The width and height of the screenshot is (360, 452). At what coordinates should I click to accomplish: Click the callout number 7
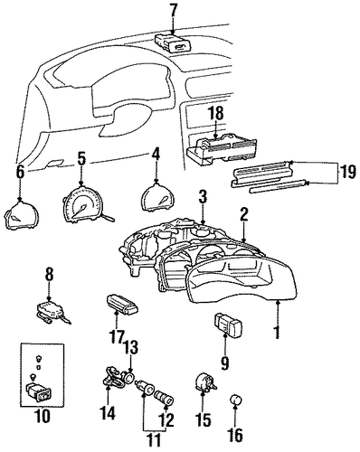pyautogui.click(x=173, y=13)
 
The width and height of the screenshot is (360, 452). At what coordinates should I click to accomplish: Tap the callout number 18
pyautogui.click(x=216, y=114)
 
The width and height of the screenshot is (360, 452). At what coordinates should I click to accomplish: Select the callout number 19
pyautogui.click(x=348, y=173)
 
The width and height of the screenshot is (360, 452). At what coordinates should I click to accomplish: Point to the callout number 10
pyautogui.click(x=43, y=416)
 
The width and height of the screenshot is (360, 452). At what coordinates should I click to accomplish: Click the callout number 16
pyautogui.click(x=235, y=434)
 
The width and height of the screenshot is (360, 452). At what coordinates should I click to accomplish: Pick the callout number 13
pyautogui.click(x=130, y=348)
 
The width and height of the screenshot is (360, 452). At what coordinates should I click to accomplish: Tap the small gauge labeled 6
pyautogui.click(x=21, y=214)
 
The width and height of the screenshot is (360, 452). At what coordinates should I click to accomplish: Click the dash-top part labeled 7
pyautogui.click(x=173, y=43)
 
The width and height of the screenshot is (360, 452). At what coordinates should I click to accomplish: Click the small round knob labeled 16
pyautogui.click(x=236, y=400)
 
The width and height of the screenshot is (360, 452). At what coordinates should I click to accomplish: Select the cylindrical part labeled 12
pyautogui.click(x=165, y=397)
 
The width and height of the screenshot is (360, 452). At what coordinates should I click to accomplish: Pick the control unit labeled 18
pyautogui.click(x=222, y=150)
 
